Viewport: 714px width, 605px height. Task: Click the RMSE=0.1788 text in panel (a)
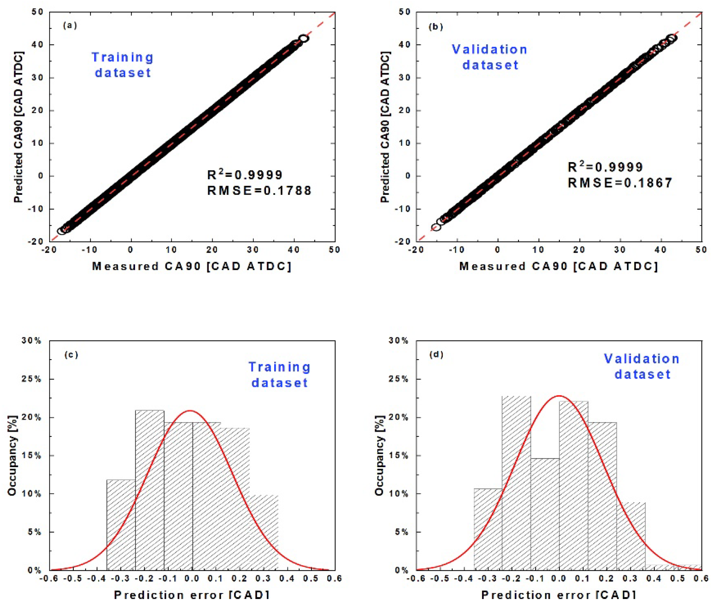click(x=259, y=191)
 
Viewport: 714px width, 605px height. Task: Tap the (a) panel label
click(x=70, y=25)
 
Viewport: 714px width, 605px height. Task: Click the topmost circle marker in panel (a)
click(x=303, y=38)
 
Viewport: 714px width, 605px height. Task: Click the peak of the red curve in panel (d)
click(x=559, y=396)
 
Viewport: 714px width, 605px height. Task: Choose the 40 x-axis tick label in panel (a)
click(x=294, y=250)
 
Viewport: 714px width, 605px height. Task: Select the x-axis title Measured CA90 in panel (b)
click(x=559, y=267)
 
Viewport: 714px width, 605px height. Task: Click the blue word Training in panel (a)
click(x=122, y=57)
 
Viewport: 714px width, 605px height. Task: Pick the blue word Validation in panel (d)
click(x=641, y=359)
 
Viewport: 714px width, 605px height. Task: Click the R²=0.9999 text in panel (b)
click(x=605, y=167)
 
